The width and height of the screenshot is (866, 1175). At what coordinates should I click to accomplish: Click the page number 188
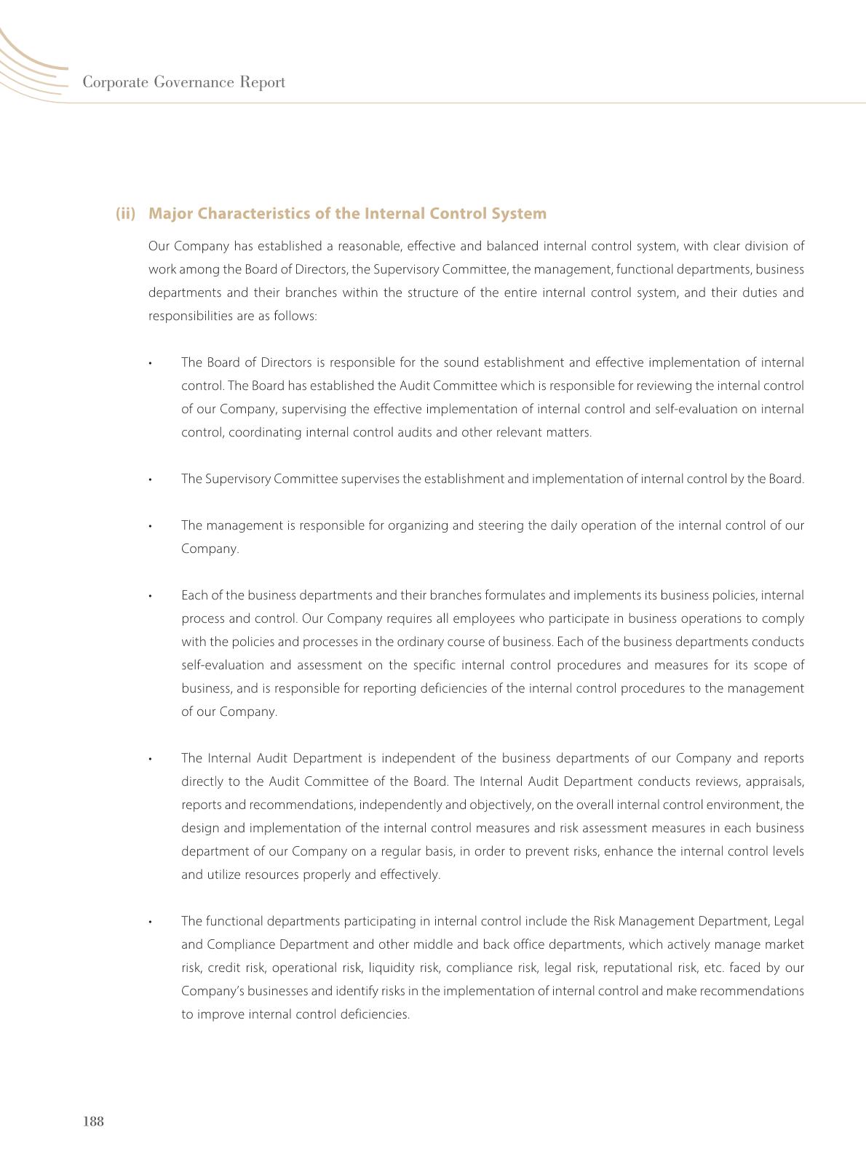(94, 1121)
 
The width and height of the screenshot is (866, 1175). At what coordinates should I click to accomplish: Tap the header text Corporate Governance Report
(183, 82)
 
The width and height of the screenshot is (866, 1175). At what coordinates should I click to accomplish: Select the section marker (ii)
(126, 213)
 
